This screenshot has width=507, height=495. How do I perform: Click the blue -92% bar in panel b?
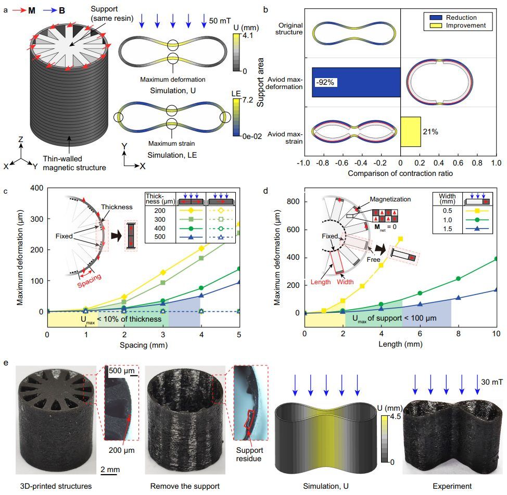tap(356, 82)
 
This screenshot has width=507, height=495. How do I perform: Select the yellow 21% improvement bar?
tap(411, 132)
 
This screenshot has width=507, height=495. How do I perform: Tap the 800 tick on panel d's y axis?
tap(294, 201)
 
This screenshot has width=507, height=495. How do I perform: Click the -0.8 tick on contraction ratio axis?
tap(332, 163)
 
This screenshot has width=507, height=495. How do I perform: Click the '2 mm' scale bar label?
tap(110, 469)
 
